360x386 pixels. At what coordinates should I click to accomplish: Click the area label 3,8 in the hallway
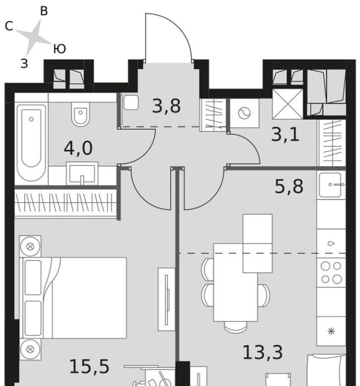(166, 106)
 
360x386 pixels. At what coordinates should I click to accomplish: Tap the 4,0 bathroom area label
(78, 148)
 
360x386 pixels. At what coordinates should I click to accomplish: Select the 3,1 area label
(285, 135)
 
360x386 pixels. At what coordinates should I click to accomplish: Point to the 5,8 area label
(289, 186)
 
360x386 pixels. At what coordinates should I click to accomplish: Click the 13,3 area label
(262, 352)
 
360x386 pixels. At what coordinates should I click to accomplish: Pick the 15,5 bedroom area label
(89, 367)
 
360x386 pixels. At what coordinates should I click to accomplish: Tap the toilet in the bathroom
(80, 114)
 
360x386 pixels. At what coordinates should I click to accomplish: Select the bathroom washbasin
(82, 173)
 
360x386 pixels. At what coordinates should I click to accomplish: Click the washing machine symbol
(244, 113)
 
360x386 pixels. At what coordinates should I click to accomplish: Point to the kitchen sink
(331, 185)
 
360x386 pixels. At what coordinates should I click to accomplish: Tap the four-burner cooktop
(331, 273)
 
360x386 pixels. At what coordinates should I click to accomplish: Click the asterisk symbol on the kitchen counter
(331, 332)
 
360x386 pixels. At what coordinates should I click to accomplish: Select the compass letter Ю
(59, 49)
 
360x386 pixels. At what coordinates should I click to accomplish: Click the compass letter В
(44, 11)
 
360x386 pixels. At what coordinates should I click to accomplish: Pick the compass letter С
(9, 26)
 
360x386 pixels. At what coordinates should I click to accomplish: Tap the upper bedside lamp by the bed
(30, 246)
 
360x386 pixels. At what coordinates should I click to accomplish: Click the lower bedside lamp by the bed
(30, 349)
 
